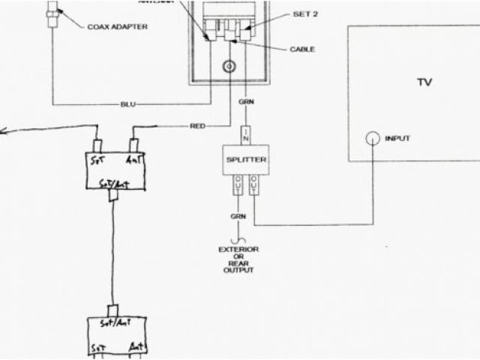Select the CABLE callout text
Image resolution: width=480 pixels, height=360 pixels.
[x=301, y=49]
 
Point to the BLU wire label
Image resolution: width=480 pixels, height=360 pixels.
[x=129, y=103]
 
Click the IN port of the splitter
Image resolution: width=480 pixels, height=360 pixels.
[x=244, y=137]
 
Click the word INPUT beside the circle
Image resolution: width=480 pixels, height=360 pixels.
[x=398, y=139]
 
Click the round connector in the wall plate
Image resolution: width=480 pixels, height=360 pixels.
[x=228, y=68]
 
